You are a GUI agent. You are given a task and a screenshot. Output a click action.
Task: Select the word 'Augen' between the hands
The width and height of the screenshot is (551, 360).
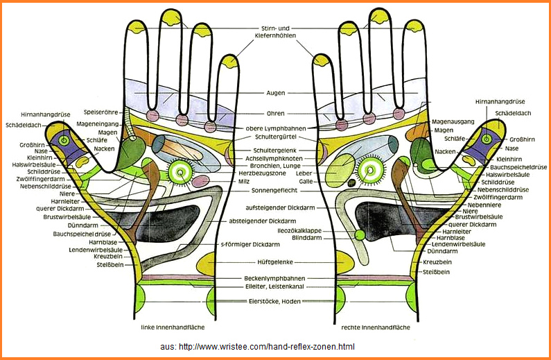(276, 92)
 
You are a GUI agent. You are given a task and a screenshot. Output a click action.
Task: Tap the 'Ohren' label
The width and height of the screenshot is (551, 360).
(276, 114)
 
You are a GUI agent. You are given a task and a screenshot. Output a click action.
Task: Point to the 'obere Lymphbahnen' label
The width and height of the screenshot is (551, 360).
(275, 128)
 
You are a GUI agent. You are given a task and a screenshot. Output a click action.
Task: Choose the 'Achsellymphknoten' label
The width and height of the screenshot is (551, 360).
(275, 158)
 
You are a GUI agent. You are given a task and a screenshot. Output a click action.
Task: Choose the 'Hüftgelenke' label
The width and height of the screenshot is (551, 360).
(275, 262)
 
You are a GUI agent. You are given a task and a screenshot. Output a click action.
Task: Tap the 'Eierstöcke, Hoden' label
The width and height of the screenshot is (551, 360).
(275, 301)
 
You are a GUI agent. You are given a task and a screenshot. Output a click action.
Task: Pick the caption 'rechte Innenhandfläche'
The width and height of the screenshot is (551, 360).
(375, 326)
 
